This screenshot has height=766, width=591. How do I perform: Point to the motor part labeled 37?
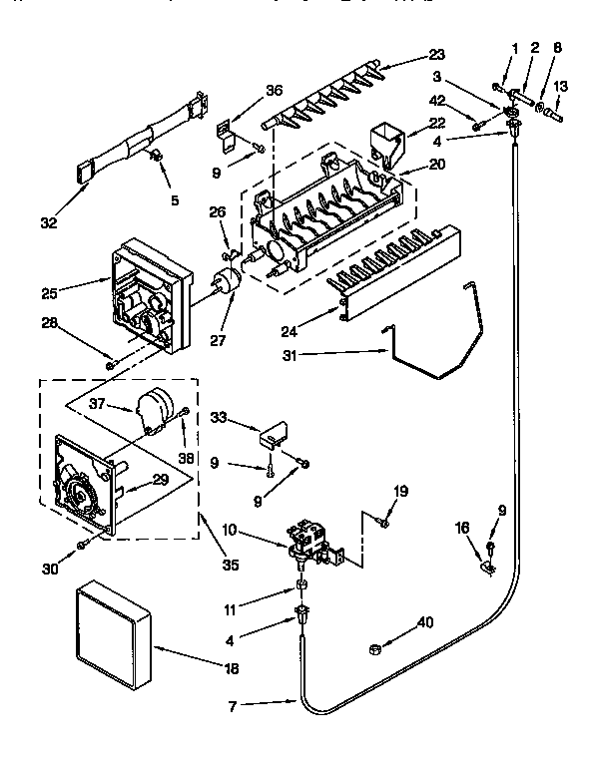tap(156, 412)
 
